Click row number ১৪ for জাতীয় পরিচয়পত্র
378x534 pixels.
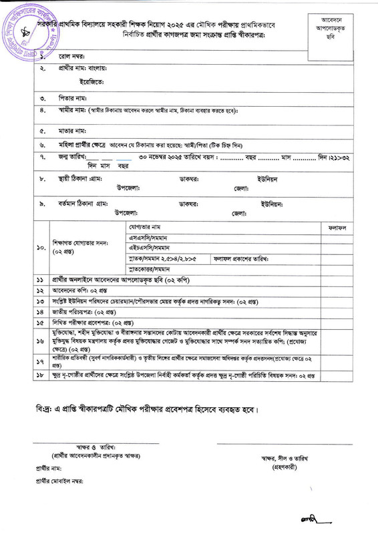[40, 312]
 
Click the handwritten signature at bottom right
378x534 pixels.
[307, 520]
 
